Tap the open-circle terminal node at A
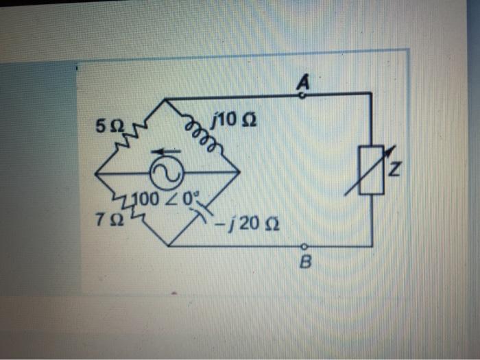click(302, 97)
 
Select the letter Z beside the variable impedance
click(393, 167)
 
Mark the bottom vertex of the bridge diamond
click(167, 245)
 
